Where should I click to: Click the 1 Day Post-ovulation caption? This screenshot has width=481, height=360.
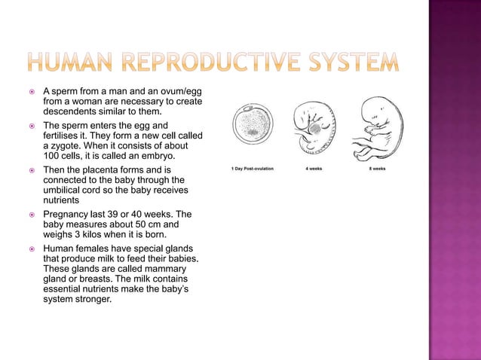(x=252, y=169)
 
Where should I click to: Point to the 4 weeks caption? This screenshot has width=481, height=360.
(x=314, y=169)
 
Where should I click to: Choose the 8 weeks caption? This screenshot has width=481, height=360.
(x=377, y=169)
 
